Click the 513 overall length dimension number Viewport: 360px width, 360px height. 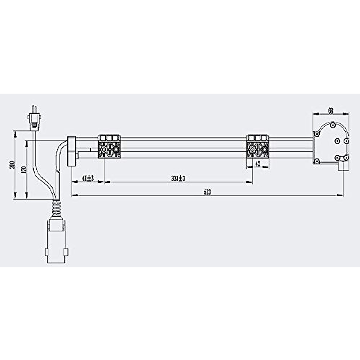(207, 192)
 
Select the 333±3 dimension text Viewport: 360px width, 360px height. (178, 178)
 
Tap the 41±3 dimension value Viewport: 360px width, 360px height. (88, 178)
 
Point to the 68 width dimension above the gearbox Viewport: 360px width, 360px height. (331, 111)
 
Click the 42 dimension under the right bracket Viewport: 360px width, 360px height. (257, 164)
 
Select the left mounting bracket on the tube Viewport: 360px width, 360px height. (109, 147)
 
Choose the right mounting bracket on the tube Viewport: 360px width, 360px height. (257, 147)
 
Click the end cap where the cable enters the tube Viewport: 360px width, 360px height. (71, 151)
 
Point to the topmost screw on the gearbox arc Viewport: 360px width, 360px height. (332, 124)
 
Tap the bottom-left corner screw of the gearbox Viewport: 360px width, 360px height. (316, 161)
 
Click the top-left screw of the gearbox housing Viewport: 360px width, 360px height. (316, 134)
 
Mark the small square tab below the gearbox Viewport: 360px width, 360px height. (344, 166)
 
